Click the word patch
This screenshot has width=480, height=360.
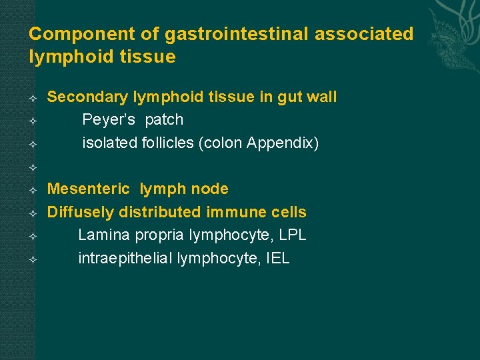164,120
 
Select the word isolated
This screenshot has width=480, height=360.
109,143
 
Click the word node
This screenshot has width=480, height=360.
210,189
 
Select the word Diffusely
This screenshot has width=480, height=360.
81,212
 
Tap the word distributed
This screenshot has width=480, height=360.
160,212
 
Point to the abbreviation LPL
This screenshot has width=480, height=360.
293,235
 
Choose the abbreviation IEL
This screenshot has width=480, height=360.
277,258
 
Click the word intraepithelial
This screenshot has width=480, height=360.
125,258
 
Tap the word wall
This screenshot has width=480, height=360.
321,97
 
